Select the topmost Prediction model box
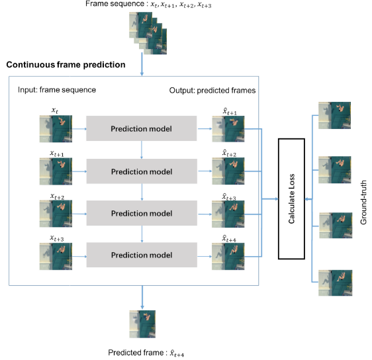point(142,128)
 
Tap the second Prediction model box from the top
point(142,171)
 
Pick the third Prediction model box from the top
point(142,214)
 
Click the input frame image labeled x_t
point(56,128)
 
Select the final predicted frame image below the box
point(142,325)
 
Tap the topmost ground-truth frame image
point(334,114)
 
